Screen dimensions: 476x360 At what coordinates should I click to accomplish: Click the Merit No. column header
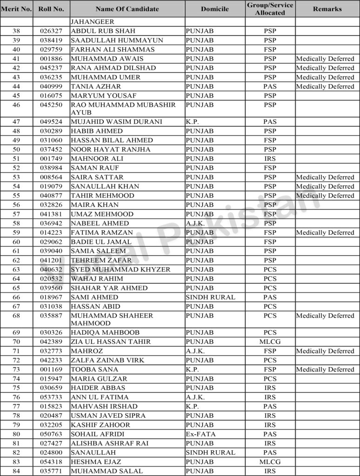coord(16,9)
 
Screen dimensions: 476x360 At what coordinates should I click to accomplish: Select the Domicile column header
coord(214,9)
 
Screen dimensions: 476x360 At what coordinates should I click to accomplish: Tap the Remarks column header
coord(327,9)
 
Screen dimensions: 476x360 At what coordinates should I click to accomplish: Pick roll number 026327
coord(51,31)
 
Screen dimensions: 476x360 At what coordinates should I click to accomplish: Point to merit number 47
coord(16,122)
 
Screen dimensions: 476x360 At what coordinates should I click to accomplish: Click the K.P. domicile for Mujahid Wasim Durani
coord(192,122)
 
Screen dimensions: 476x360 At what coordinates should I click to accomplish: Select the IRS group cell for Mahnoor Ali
coord(270,159)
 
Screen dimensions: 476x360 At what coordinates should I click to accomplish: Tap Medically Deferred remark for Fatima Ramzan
coord(325,232)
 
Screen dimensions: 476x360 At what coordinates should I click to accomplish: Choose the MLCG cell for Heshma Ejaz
coord(270,462)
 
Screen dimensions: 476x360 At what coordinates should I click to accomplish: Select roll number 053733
coord(51,397)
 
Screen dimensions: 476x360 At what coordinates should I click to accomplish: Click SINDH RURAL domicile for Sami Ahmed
coord(210,297)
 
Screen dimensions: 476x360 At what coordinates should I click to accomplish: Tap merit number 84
coord(16,471)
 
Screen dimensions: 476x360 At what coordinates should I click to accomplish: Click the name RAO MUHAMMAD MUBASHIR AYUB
coord(123,108)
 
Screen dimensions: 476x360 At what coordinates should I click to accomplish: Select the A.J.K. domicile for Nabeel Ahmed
coord(195,223)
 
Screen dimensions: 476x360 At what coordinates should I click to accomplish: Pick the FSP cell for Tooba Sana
coord(270,370)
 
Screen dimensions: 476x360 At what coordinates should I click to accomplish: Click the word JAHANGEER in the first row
coord(92,22)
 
